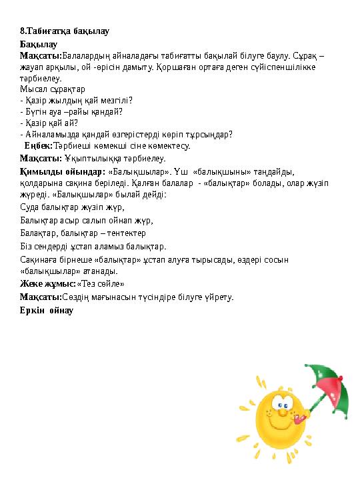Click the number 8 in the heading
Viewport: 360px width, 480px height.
pyautogui.click(x=23, y=31)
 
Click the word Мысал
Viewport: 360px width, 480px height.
pyautogui.click(x=32, y=89)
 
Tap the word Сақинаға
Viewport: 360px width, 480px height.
pyautogui.click(x=39, y=259)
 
